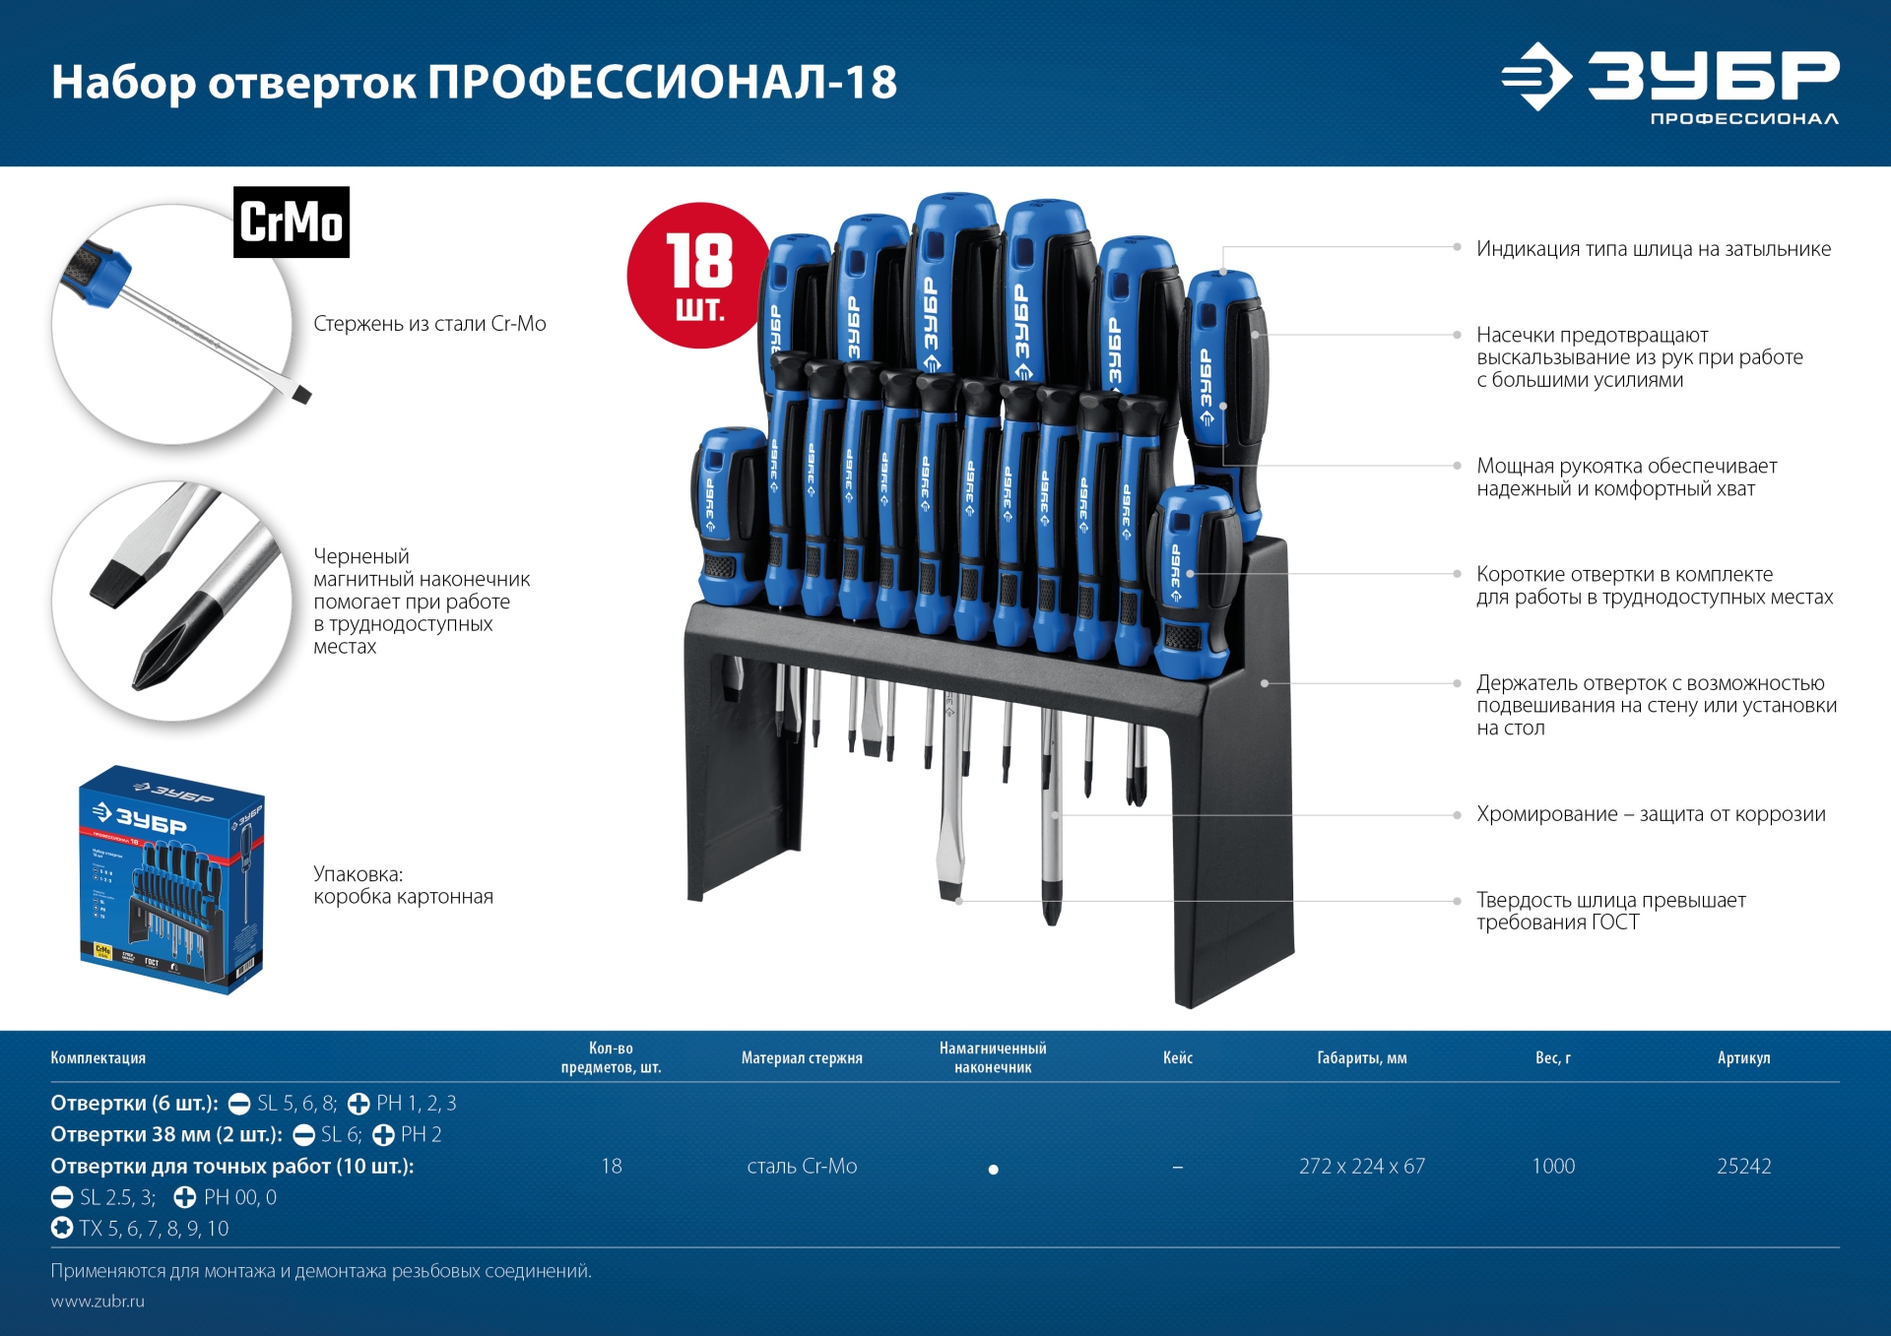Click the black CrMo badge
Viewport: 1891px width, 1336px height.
(x=291, y=223)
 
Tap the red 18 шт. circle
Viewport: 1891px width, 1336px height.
(x=698, y=276)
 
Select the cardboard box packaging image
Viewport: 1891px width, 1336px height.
(x=172, y=879)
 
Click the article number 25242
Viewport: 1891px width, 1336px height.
(x=1743, y=1166)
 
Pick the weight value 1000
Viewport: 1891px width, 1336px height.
(x=1553, y=1166)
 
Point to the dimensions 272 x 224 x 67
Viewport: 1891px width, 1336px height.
(x=1361, y=1166)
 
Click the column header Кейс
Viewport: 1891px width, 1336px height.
(x=1177, y=1057)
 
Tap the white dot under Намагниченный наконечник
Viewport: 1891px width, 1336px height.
(x=993, y=1170)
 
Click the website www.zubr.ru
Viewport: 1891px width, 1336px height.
(x=98, y=1301)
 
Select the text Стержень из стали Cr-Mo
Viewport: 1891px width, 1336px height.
(x=429, y=324)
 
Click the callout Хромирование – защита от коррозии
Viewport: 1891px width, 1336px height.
(x=1650, y=814)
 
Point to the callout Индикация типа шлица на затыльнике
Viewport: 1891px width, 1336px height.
(x=1653, y=249)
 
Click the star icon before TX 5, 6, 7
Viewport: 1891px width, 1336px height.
(x=62, y=1228)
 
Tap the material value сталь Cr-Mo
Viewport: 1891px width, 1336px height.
(x=802, y=1166)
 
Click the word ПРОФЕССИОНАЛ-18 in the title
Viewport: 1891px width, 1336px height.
(x=662, y=82)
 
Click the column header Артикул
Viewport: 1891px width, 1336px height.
(x=1743, y=1057)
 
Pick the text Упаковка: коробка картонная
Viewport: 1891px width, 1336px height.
(x=403, y=885)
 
